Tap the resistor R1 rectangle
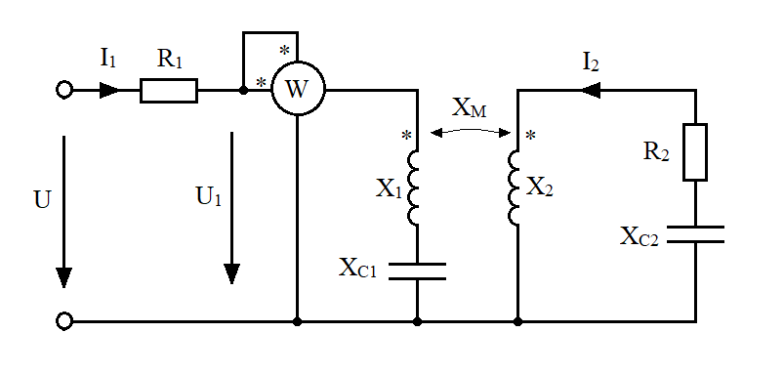pyautogui.click(x=169, y=91)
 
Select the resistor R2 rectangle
pyautogui.click(x=695, y=152)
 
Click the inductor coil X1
pyautogui.click(x=413, y=188)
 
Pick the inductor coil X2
pyautogui.click(x=513, y=188)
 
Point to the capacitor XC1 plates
pyautogui.click(x=417, y=271)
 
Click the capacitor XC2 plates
pyautogui.click(x=695, y=234)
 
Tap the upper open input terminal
pyautogui.click(x=64, y=90)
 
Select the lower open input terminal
pyautogui.click(x=64, y=321)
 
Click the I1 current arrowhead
pyautogui.click(x=110, y=91)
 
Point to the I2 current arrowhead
pyautogui.click(x=590, y=91)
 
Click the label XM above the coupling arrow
pyautogui.click(x=469, y=109)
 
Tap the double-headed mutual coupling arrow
pyautogui.click(x=470, y=129)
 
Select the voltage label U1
pyautogui.click(x=208, y=197)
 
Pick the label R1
pyautogui.click(x=169, y=59)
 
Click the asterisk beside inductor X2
pyautogui.click(x=531, y=136)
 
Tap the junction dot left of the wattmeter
pyautogui.click(x=243, y=91)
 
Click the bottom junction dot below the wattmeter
pyautogui.click(x=298, y=321)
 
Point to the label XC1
pyautogui.click(x=357, y=268)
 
